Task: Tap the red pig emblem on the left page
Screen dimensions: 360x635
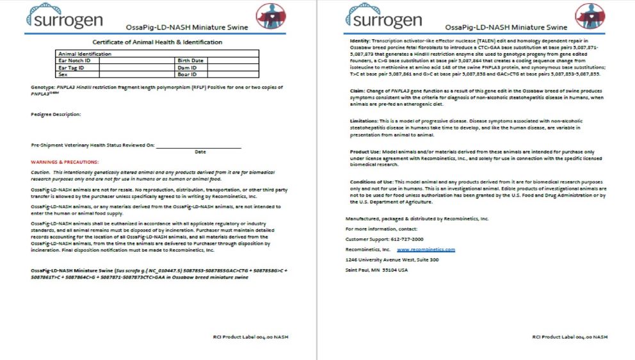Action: point(271,15)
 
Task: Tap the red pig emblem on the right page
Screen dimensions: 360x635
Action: point(589,15)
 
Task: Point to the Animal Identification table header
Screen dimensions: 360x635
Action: point(84,54)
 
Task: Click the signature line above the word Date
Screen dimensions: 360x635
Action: point(198,147)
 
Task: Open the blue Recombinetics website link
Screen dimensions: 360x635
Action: point(426,249)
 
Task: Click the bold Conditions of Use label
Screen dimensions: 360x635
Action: point(368,181)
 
